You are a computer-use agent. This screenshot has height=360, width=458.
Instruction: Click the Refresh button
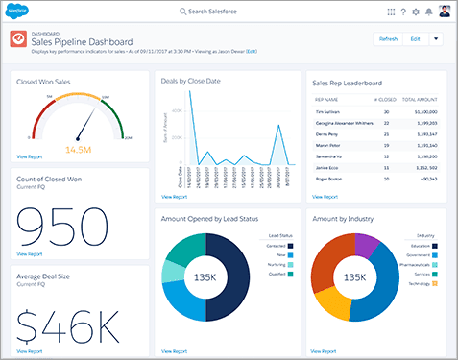[x=389, y=39]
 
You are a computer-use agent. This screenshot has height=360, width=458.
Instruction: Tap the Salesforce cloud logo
[x=21, y=11]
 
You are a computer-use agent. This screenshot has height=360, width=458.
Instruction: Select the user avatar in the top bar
[x=444, y=11]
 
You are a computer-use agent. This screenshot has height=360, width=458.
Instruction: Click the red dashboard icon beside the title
[x=17, y=39]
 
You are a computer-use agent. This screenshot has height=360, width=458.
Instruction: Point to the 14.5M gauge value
[x=79, y=150]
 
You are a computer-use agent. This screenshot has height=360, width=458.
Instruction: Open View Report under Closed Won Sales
[x=29, y=156]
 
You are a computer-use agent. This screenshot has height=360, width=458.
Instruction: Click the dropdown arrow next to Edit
[x=436, y=39]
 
